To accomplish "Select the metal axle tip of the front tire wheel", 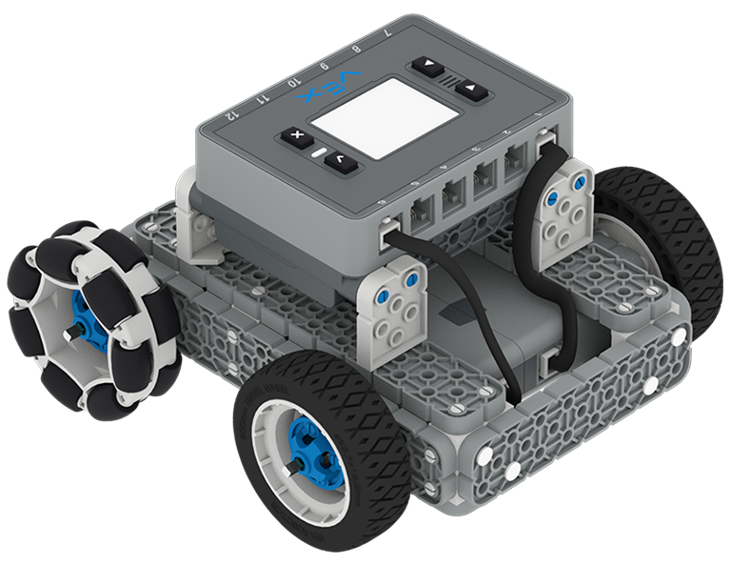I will pos(292,464).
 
